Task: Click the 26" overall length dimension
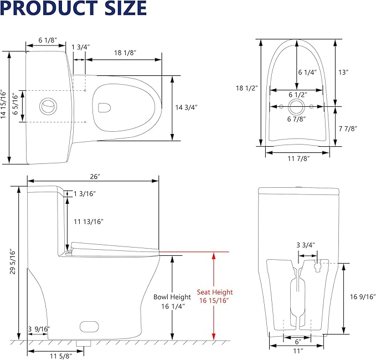coord(95,176)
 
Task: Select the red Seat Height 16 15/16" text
coord(215,296)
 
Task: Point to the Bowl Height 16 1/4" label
coord(172,301)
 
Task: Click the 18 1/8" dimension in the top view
coord(126,52)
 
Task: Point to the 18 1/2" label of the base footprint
coord(243,88)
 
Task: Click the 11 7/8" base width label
coord(295,158)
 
